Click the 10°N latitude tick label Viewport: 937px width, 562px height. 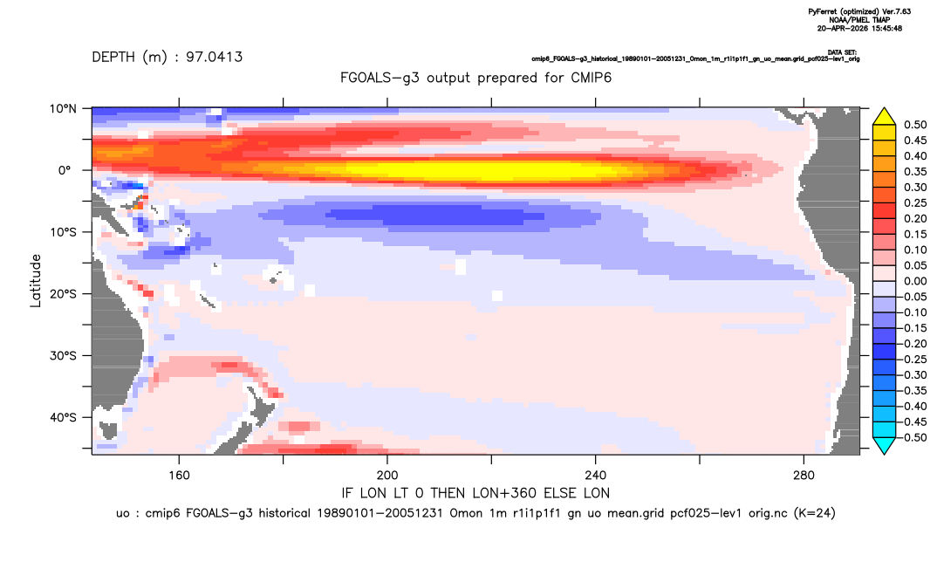(63, 109)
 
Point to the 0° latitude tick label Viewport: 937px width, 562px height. (65, 170)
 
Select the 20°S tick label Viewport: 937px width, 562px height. (63, 294)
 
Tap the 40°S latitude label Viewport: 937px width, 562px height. (63, 417)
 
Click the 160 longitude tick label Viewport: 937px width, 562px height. (179, 476)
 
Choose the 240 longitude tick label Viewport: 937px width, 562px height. (596, 476)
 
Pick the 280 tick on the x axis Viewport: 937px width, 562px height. (804, 476)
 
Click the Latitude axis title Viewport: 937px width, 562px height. (36, 281)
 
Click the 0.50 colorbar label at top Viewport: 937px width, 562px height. (915, 125)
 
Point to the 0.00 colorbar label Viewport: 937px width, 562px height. (915, 281)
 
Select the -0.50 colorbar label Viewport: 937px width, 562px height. (913, 437)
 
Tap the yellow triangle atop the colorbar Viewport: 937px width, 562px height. (885, 117)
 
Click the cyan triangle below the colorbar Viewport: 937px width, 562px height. (885, 445)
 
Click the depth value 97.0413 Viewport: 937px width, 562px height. (214, 58)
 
